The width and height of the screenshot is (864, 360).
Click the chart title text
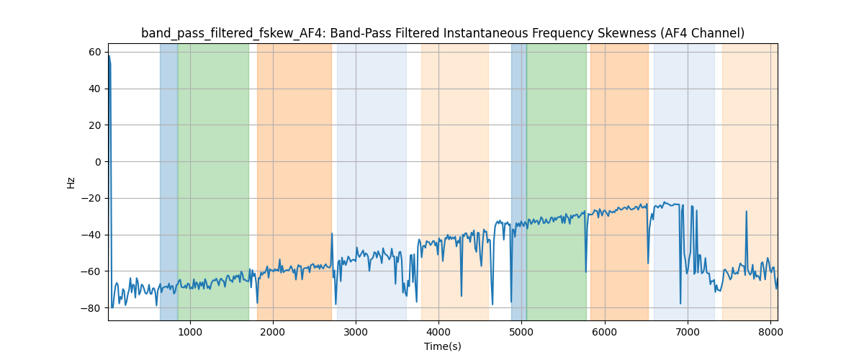pos(442,33)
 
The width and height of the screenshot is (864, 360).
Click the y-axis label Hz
pos(71,182)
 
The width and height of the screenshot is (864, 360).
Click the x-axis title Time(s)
pos(442,346)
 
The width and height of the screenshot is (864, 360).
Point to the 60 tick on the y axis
pos(94,52)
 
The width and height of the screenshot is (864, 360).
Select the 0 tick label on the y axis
pos(98,161)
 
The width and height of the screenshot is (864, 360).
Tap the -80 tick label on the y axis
pos(91,307)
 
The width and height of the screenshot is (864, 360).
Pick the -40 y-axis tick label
pos(91,235)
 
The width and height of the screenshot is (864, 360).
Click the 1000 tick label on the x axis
pos(189,331)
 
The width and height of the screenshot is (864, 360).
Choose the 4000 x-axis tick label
pos(438,331)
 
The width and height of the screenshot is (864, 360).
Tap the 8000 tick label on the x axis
pos(770,331)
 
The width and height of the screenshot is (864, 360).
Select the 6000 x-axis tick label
pos(605,331)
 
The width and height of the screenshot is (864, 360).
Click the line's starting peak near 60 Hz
pos(109,55)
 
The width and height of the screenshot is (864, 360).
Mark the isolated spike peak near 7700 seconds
pos(746,212)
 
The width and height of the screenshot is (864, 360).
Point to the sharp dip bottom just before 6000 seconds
pos(585,271)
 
